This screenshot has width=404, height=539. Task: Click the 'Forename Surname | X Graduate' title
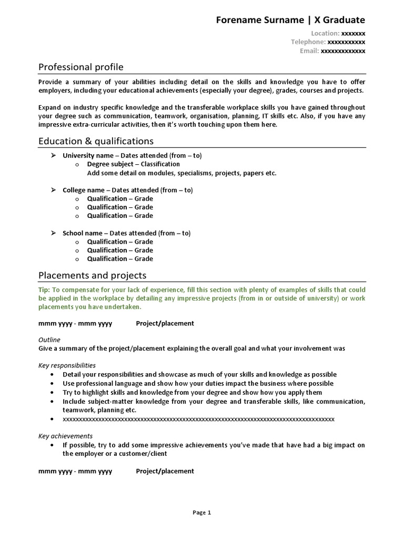point(290,20)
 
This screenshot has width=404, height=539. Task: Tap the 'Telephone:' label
point(308,42)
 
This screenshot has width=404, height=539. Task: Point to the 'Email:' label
point(309,51)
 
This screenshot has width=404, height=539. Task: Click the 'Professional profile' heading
point(81,67)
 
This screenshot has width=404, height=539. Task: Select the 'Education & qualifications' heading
point(96,141)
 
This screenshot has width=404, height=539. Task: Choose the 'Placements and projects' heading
point(93,275)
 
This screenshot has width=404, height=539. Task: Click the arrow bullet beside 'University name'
point(53,156)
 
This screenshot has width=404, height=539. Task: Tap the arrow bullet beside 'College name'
point(53,190)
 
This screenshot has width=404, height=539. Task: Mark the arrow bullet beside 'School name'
point(53,233)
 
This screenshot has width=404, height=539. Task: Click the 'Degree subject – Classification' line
point(126,164)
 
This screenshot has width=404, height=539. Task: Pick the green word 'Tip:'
point(44,290)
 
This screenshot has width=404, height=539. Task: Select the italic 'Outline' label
point(49,340)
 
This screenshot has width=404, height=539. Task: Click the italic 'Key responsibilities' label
point(67,365)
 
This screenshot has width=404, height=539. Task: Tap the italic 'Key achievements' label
point(65,436)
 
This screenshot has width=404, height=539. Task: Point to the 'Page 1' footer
point(201,512)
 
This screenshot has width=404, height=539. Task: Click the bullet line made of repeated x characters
point(198,419)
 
